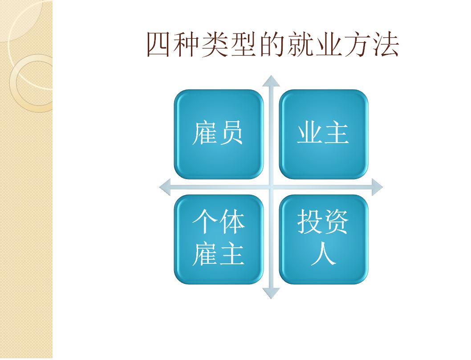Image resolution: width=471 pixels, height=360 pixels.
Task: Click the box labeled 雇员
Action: [219, 134]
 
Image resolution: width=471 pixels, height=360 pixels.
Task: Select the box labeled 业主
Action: [324, 134]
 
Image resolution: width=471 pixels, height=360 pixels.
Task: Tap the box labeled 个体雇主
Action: [219, 239]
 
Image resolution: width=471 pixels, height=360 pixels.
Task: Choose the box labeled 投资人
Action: [324, 239]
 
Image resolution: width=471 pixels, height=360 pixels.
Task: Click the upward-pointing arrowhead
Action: [271, 81]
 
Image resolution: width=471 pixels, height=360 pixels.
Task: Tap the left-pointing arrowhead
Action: [165, 187]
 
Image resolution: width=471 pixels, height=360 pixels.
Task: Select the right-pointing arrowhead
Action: [377, 187]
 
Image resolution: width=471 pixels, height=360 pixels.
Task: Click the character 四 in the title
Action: [158, 45]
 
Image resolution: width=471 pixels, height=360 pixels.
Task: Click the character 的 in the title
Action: [272, 45]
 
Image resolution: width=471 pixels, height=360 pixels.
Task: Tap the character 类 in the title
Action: [215, 45]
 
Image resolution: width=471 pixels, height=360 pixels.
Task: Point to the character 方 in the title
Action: [357, 45]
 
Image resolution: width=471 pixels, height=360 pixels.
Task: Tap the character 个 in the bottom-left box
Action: [205, 221]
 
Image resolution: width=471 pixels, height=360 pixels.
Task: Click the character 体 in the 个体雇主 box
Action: [232, 221]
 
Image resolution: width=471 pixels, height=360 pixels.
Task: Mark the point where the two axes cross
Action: [271, 187]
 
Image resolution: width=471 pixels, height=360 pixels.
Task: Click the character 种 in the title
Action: [187, 45]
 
